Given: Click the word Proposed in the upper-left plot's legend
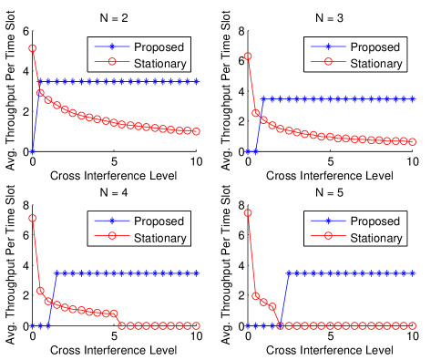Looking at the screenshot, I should tap(159, 47).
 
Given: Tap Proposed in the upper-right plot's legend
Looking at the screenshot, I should tap(374, 47).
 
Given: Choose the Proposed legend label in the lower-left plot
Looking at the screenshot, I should tap(159, 221).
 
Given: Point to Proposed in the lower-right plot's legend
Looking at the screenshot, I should tap(374, 221).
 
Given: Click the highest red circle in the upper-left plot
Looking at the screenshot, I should tap(32, 48).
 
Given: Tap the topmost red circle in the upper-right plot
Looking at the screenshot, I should tap(248, 57).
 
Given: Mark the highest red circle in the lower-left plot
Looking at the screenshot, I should tap(32, 219).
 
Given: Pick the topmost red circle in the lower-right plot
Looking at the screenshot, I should tap(248, 213).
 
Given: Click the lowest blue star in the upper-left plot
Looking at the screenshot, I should tap(32, 151).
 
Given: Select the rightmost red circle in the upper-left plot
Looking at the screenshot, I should tap(196, 132).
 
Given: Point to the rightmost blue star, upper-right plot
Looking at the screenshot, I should tap(413, 98).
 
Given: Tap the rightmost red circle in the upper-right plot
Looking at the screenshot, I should tap(413, 142).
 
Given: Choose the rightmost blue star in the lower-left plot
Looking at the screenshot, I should tap(196, 273).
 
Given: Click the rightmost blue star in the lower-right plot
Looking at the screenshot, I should tap(413, 273).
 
